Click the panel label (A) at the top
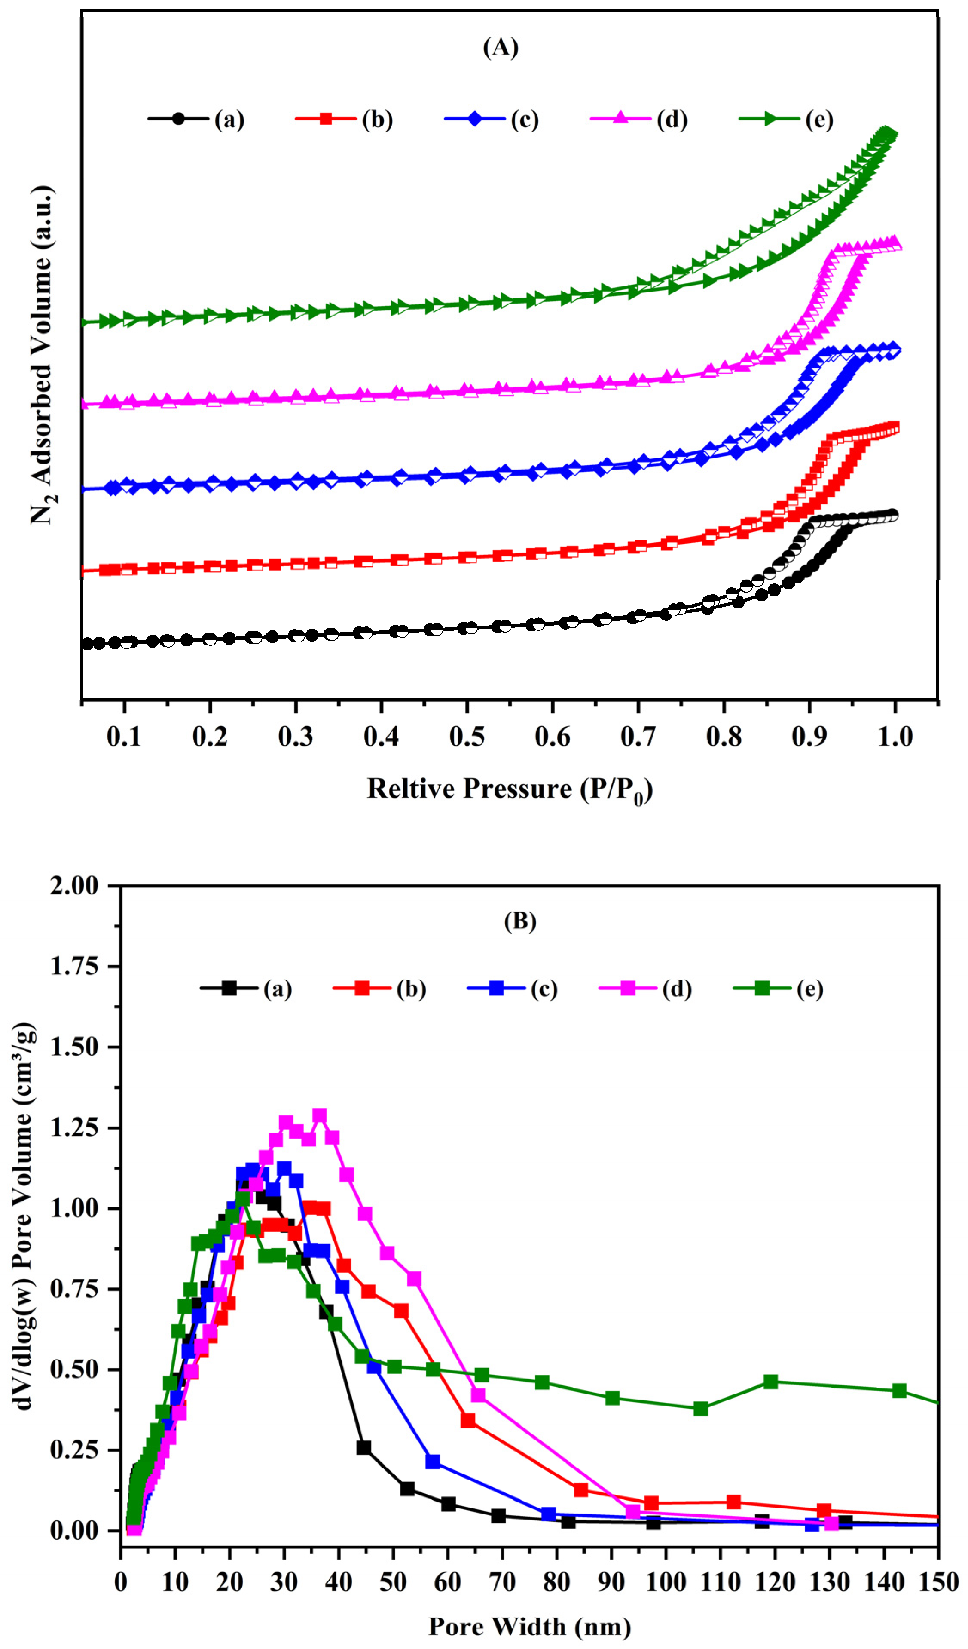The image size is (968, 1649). (501, 47)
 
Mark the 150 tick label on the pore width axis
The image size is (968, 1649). (937, 1582)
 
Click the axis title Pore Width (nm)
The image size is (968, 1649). (530, 1626)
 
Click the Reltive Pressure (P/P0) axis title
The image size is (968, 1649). (510, 789)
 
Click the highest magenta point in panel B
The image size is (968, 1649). (319, 1115)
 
